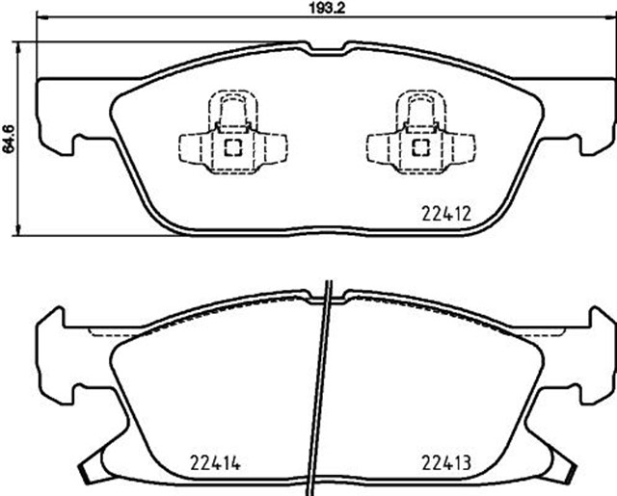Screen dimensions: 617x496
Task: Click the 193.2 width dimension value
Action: point(327,9)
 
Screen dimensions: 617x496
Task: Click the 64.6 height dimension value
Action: point(9,139)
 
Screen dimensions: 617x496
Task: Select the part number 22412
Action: point(446,215)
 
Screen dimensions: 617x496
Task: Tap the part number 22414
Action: point(215,463)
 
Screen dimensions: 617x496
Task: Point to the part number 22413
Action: point(446,463)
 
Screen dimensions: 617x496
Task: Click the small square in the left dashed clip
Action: point(233,147)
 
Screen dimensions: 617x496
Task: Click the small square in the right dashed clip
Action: point(420,147)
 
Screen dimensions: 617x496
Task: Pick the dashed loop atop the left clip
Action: point(233,111)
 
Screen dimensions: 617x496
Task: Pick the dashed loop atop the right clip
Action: point(420,111)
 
